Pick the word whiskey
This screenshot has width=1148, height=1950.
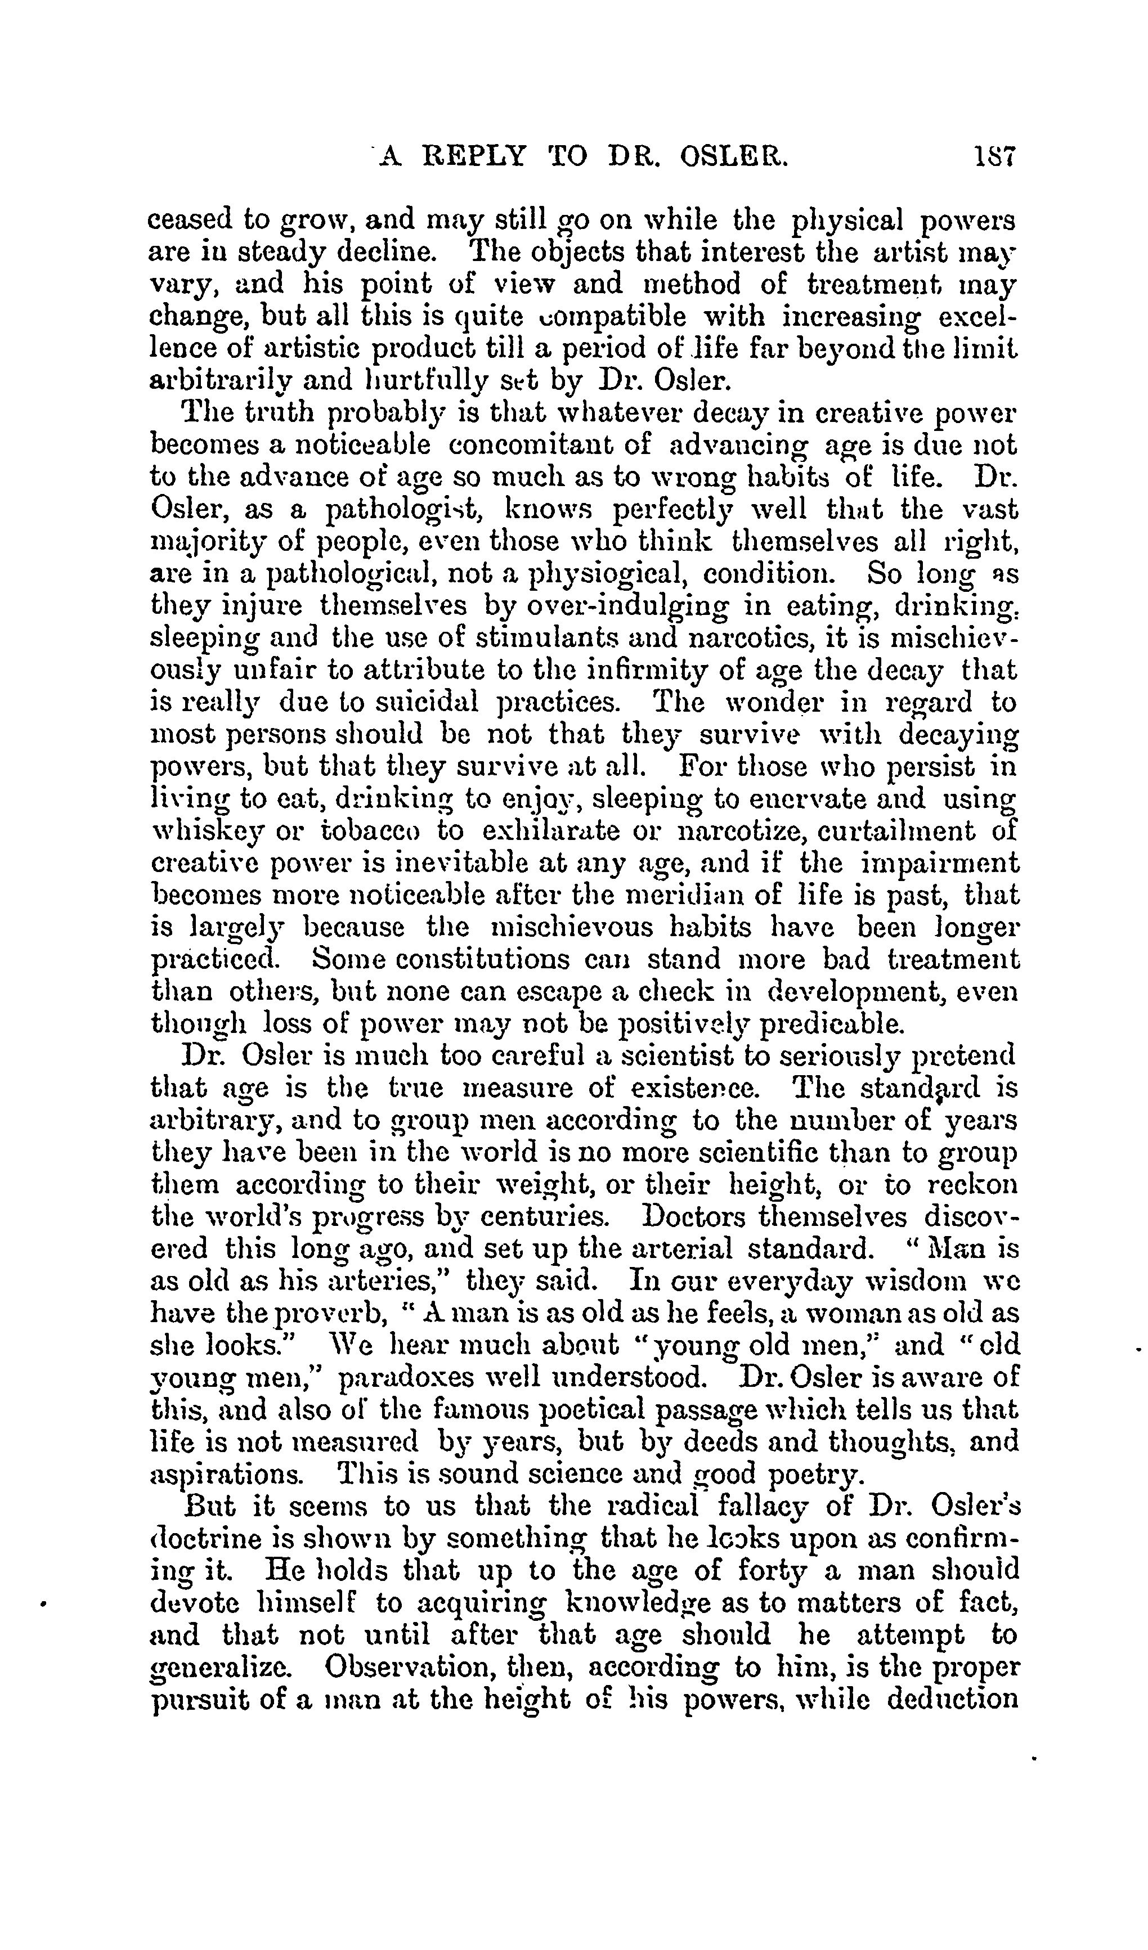(205, 833)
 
